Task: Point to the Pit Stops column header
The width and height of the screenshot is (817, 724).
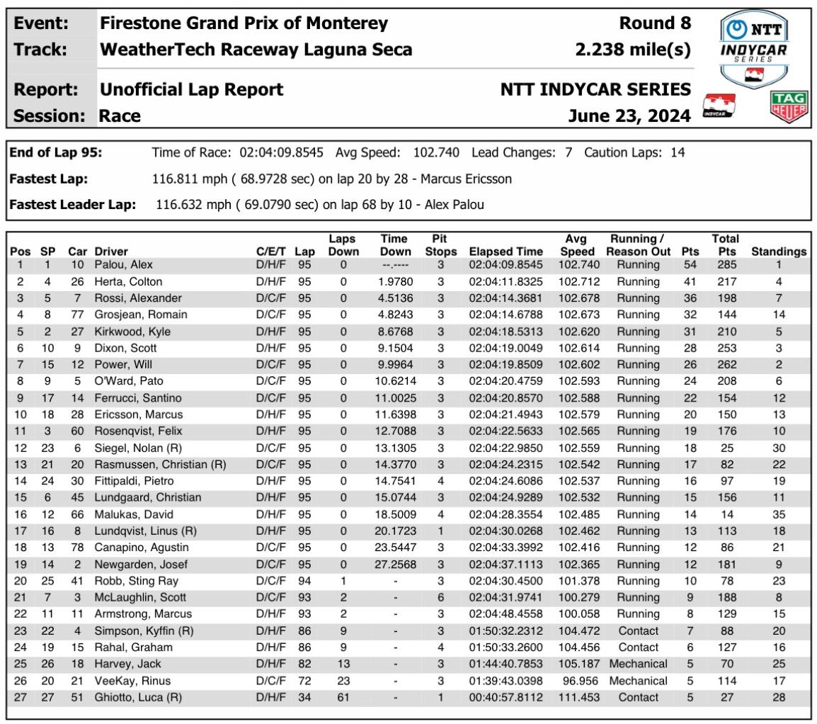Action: coord(439,245)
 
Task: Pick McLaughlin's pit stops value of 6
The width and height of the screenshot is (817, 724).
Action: coord(440,597)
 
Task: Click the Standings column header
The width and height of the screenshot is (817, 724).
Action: coord(779,251)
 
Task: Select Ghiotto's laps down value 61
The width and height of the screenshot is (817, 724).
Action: coord(343,697)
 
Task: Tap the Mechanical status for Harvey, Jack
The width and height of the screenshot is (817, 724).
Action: coord(637,664)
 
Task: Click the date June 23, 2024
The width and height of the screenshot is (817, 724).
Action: coord(629,115)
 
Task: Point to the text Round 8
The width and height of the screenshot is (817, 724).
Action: coord(655,23)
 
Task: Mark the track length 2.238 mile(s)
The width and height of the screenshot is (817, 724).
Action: coord(634,50)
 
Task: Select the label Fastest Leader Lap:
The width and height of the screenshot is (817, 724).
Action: coord(72,205)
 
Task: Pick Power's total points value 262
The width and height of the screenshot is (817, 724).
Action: coord(726,365)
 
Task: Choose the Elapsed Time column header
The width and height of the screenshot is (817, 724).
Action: coord(505,251)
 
